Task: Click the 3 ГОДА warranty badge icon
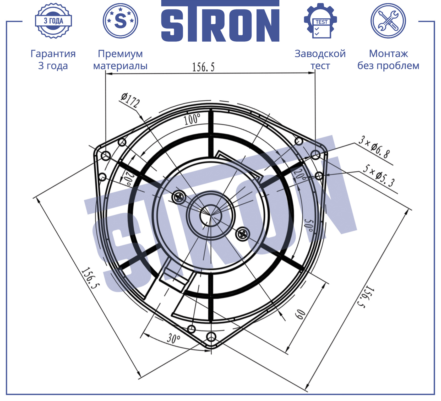pos(53,21)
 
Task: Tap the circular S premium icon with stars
pos(120,21)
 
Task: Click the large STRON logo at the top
pos(220,21)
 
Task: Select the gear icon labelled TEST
pos(320,21)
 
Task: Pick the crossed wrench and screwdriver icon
pos(388,21)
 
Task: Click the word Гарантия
pos(53,54)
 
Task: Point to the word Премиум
pos(120,54)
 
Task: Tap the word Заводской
pos(320,54)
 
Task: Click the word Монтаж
pos(388,54)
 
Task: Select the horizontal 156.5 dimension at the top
pos(203,67)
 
